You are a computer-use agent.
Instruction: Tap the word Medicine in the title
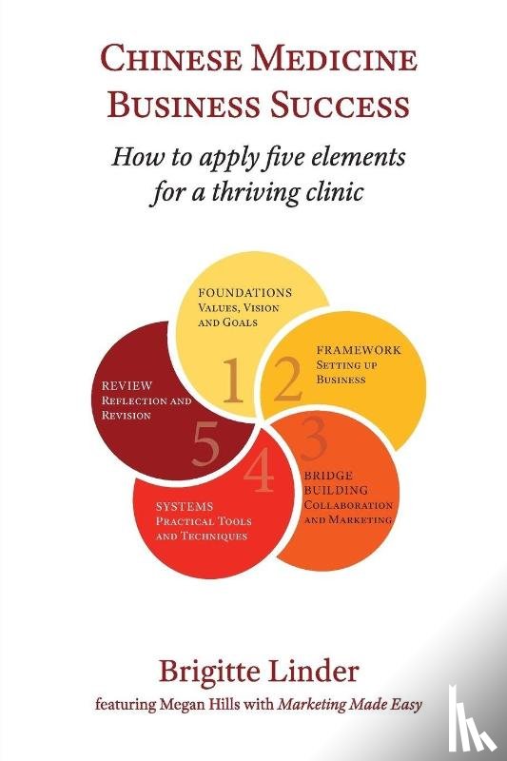tap(334, 60)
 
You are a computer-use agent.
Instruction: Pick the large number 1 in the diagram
tap(233, 381)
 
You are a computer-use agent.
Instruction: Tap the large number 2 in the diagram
tap(288, 379)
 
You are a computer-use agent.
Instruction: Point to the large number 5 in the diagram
tap(205, 443)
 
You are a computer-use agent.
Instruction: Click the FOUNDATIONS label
tap(245, 293)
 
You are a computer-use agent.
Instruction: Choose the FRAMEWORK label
tap(359, 350)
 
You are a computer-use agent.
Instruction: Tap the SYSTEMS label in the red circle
tap(185, 506)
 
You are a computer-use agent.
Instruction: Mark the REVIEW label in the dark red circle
tap(127, 386)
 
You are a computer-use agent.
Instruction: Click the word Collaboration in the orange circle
tap(348, 505)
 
